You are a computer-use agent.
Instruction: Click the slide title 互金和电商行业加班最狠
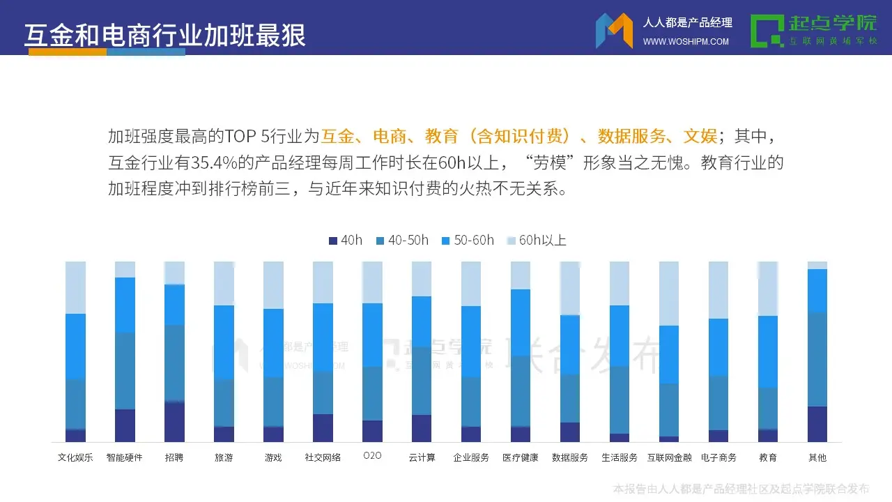[165, 36]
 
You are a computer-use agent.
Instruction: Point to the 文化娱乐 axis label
[75, 458]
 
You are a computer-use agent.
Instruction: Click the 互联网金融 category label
[669, 458]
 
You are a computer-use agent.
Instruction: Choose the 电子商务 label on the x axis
[718, 458]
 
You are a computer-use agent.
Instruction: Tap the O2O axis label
[372, 456]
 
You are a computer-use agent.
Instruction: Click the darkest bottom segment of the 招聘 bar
[174, 422]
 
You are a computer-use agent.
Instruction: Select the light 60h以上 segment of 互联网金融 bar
[669, 293]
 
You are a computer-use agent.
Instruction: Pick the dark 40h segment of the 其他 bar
[817, 424]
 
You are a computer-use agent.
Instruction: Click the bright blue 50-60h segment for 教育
[768, 351]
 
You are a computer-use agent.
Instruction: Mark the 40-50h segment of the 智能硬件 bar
[125, 371]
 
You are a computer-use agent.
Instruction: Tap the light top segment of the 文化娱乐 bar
[75, 287]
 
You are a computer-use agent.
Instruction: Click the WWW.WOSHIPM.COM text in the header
[686, 42]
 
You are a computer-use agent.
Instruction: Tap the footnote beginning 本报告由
[741, 489]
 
